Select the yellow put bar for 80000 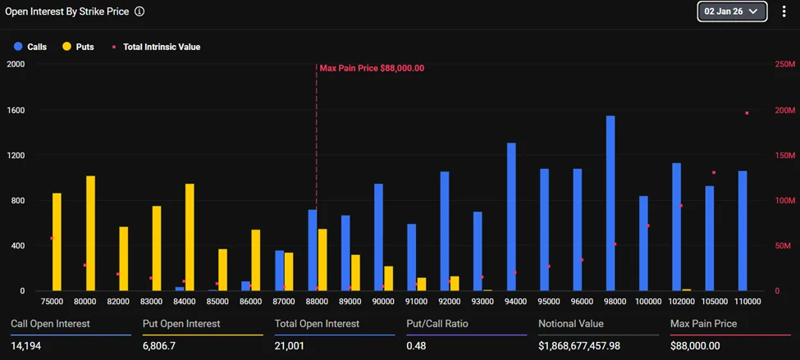coord(90,234)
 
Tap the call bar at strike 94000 coord(511,217)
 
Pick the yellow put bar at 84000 coord(190,237)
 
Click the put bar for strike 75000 coord(57,242)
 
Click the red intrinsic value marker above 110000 coord(747,113)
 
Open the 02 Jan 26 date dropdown coord(732,11)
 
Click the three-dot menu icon coord(784,11)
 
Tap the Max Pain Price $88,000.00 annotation coord(372,68)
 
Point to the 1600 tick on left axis coord(16,110)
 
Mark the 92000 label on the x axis coord(449,302)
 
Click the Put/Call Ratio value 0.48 coord(417,346)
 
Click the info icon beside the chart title coord(139,12)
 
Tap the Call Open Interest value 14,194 coord(26,346)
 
